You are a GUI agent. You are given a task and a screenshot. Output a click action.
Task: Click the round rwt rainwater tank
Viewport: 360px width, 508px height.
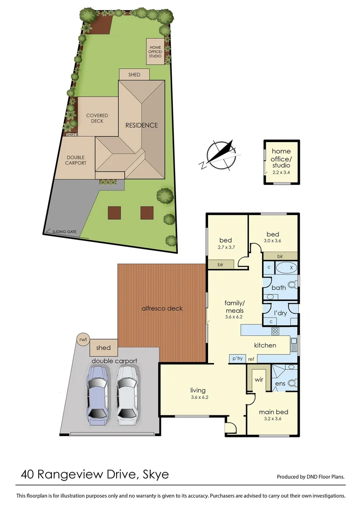pos(83,339)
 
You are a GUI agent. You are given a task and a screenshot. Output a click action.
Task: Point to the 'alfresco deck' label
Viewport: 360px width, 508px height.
pos(162,309)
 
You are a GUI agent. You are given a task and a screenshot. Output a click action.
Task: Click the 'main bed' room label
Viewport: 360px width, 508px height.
pos(273,412)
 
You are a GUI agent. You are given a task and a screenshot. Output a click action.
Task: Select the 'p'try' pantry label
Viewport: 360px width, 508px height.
pos(237,359)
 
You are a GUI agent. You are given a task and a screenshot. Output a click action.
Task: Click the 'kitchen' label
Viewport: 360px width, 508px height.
pos(265,345)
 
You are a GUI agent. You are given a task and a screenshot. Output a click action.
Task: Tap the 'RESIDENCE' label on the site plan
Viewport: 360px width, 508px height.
pos(141,125)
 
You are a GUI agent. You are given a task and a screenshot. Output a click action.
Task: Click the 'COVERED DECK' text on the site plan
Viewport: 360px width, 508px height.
pos(97,118)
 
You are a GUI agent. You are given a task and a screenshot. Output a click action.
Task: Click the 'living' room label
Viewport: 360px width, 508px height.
pos(198,390)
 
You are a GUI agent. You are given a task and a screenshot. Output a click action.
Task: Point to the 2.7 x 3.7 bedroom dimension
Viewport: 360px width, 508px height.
pos(226,247)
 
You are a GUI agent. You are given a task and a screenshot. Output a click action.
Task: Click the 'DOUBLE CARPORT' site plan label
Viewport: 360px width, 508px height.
pos(76,160)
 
